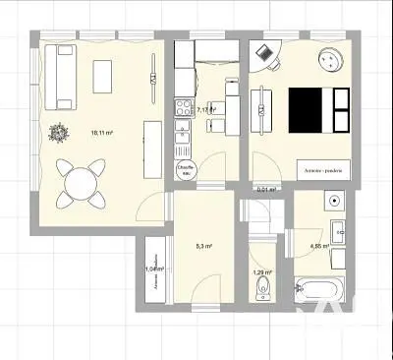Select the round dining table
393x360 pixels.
tap(77, 182)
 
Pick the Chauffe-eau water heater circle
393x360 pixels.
tap(185, 169)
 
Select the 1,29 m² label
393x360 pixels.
tap(262, 272)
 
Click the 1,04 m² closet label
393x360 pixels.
tap(153, 268)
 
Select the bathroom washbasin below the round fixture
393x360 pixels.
tap(336, 234)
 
